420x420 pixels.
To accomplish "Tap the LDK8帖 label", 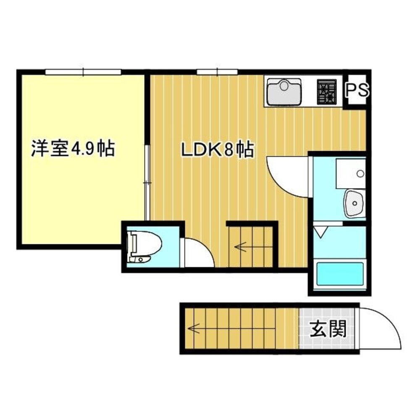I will pos(217,150).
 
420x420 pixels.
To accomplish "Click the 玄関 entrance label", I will pos(328,329).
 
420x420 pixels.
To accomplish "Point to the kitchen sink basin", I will pos(284,91).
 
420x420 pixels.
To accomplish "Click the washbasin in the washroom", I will pos(354,204).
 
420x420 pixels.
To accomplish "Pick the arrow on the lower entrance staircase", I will pos(194,328).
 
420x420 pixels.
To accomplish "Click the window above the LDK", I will pos(217,72).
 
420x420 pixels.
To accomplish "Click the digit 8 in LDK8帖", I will pos(228,150).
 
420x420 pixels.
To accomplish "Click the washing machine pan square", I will pos(350,173).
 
